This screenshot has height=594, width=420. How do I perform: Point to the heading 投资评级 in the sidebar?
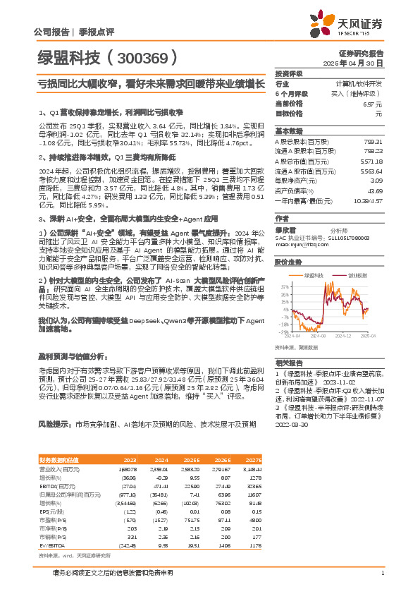tap(289, 73)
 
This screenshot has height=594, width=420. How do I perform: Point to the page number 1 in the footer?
tap(381, 572)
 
